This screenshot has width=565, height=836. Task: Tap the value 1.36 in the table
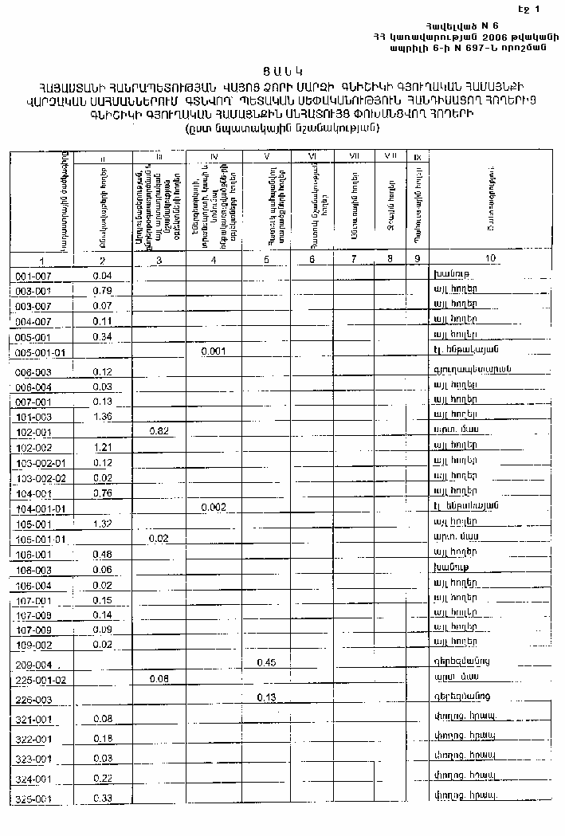(101, 416)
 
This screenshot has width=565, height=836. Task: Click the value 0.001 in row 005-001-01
(214, 351)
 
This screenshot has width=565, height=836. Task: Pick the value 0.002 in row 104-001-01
(214, 507)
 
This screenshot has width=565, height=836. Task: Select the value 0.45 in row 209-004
(266, 662)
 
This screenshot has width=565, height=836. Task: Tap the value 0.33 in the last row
(101, 799)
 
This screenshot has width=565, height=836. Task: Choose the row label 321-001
(33, 720)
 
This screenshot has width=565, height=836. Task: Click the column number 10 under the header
(489, 258)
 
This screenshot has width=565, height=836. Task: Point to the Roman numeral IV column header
(214, 156)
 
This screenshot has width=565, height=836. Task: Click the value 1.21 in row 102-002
(101, 447)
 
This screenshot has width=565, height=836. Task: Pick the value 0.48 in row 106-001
(101, 554)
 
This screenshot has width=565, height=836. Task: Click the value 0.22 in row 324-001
(101, 778)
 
